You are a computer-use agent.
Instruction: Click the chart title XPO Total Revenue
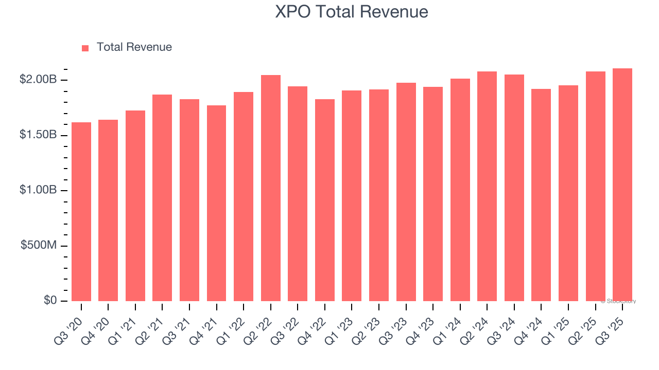coord(352,12)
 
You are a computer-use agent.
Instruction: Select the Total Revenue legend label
coord(134,47)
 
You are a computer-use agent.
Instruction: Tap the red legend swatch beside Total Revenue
coord(85,48)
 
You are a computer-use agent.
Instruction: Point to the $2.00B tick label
coord(38,80)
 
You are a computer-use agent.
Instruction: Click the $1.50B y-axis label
coord(38,135)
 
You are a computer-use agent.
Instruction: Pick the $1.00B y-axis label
coord(38,190)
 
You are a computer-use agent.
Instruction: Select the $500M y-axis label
coord(38,246)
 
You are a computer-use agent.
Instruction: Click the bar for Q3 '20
coord(81,212)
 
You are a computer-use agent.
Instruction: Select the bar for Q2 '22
coord(271,188)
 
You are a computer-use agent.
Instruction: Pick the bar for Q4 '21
coord(216,203)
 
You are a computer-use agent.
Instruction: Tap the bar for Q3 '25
coord(622,185)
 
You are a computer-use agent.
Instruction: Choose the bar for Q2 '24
coord(487,186)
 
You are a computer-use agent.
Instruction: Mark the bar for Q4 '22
coord(325,200)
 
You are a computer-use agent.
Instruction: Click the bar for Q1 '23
coord(352,196)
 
